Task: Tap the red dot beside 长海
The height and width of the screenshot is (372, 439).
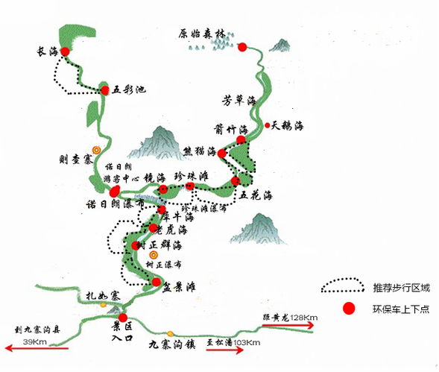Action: [x=65, y=51]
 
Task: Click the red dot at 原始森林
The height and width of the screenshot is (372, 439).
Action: [x=242, y=48]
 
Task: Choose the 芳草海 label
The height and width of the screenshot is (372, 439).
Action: [x=243, y=100]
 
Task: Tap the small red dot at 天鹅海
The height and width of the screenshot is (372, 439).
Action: [x=267, y=124]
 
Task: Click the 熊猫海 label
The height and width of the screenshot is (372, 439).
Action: [x=200, y=152]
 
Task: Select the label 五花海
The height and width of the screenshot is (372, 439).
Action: [x=255, y=195]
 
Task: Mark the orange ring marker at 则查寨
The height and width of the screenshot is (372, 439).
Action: [x=96, y=149]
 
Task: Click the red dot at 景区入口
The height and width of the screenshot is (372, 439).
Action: [x=122, y=318]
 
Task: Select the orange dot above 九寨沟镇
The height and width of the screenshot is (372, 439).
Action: [x=170, y=333]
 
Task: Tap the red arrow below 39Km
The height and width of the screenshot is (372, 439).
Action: [x=37, y=346]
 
